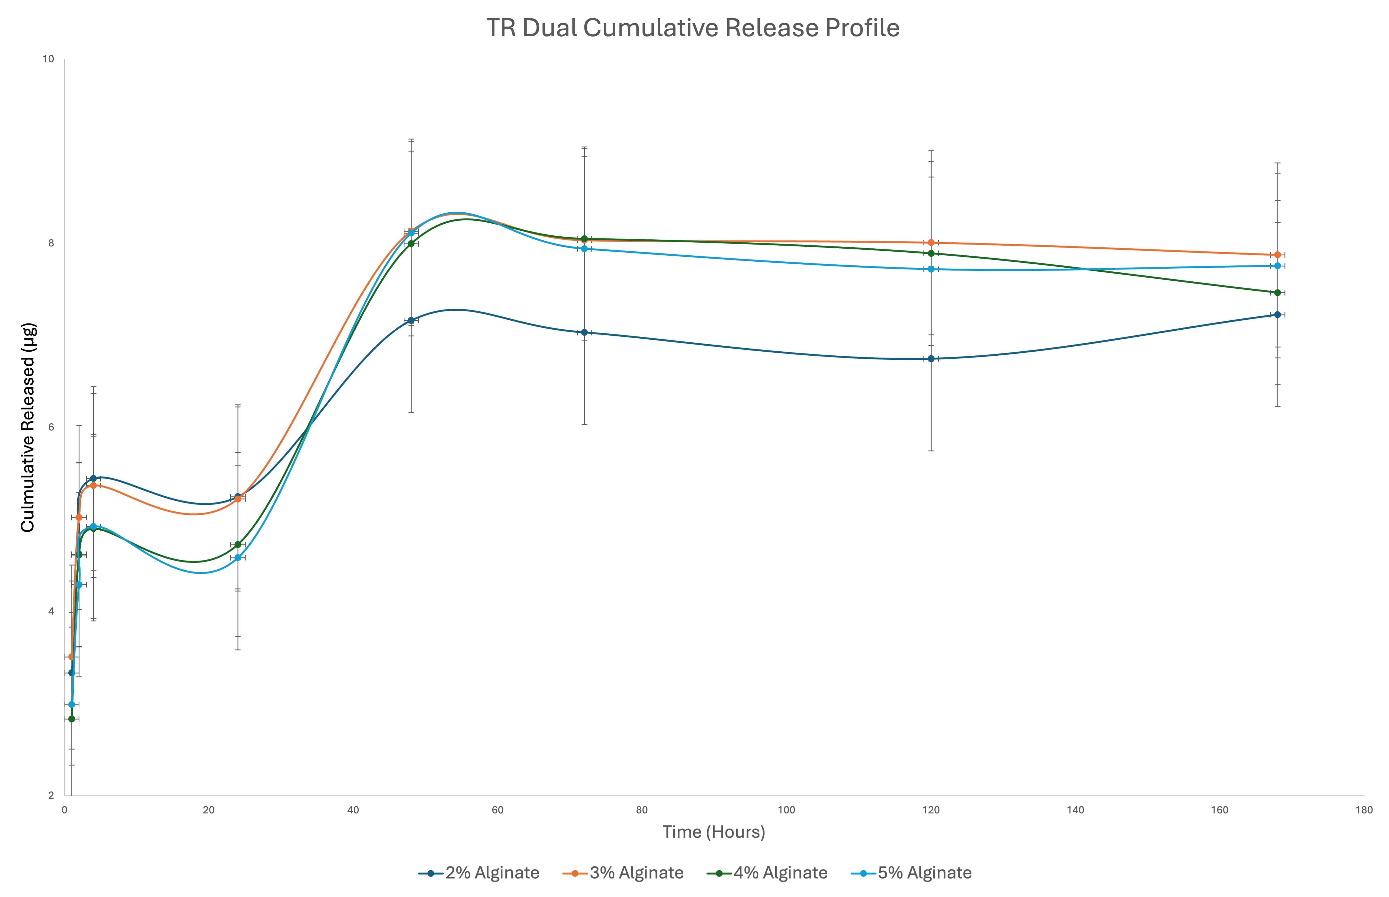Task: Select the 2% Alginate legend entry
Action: (x=479, y=873)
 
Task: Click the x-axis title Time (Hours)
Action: (x=713, y=832)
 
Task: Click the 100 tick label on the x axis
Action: (x=786, y=810)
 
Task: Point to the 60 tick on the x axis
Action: (x=497, y=810)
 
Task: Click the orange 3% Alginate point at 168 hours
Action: (x=1277, y=255)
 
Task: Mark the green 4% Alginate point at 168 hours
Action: (x=1277, y=292)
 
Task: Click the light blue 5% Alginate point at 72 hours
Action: (x=584, y=249)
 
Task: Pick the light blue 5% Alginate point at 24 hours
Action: (x=238, y=557)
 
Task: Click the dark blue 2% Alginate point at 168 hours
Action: (x=1277, y=314)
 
